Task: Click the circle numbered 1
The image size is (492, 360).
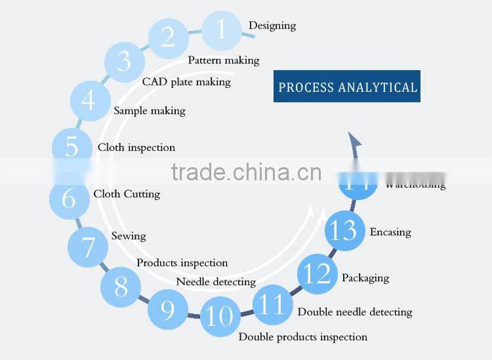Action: pyautogui.click(x=221, y=30)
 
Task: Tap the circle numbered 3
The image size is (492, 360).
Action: pyautogui.click(x=125, y=62)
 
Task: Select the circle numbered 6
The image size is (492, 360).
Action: pyautogui.click(x=70, y=198)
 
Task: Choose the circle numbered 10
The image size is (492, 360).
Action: pyautogui.click(x=219, y=316)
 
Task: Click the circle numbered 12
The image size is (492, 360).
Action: pyautogui.click(x=318, y=274)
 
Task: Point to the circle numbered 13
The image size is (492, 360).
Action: pyautogui.click(x=345, y=231)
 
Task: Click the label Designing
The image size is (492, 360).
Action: pyautogui.click(x=272, y=26)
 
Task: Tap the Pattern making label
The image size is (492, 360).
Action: pyautogui.click(x=224, y=60)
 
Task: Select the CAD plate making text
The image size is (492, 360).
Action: pyautogui.click(x=186, y=82)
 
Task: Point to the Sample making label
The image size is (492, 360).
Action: pyautogui.click(x=150, y=111)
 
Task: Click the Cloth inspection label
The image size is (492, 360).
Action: pyautogui.click(x=136, y=148)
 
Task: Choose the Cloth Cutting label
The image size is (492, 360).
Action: pyautogui.click(x=127, y=194)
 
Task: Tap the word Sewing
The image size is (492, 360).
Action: pyautogui.click(x=129, y=236)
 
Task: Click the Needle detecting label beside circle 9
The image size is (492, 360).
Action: pyautogui.click(x=216, y=282)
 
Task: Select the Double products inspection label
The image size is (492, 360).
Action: pyautogui.click(x=302, y=337)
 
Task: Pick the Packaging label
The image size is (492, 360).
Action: pyautogui.click(x=365, y=278)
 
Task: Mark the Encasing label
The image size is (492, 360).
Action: pyautogui.click(x=390, y=232)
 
